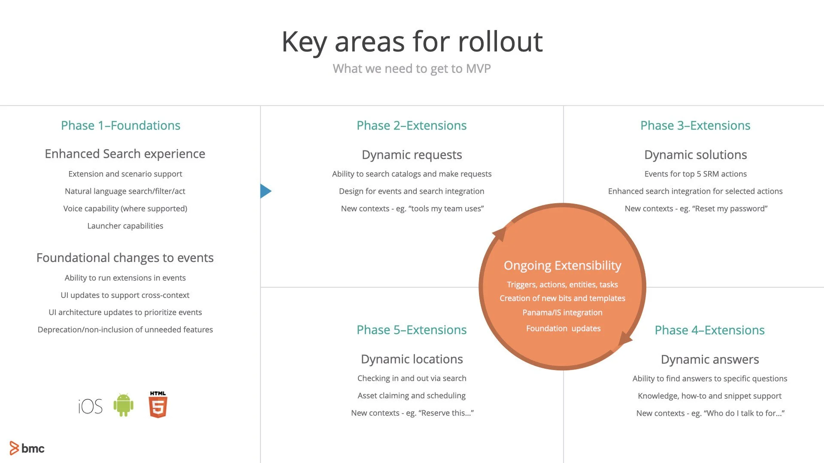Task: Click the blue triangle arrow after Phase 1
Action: pos(265,191)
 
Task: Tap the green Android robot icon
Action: pos(124,405)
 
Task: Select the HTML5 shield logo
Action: pos(158,405)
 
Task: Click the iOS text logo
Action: pos(90,406)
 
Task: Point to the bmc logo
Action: pos(27,448)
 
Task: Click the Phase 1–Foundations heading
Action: pos(121,126)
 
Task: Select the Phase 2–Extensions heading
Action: pos(412,126)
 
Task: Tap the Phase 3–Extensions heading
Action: pos(695,126)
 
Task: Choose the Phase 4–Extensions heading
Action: pos(709,330)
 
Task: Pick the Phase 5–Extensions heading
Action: pos(412,330)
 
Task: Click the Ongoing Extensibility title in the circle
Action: pos(562,266)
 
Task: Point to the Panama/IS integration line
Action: pos(562,313)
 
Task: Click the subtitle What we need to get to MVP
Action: pos(412,69)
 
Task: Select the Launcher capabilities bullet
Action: pos(125,226)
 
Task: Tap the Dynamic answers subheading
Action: pos(710,359)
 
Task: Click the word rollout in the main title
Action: pos(500,42)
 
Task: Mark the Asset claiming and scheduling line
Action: pos(412,396)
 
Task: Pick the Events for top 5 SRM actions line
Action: pos(695,174)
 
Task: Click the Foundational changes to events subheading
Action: pos(125,258)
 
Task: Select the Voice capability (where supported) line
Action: pos(125,209)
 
